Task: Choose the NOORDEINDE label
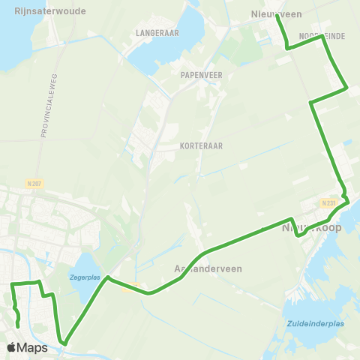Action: tap(321, 36)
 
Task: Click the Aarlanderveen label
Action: tap(204, 269)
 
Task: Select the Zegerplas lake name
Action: tap(84, 277)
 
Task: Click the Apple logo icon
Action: tap(12, 348)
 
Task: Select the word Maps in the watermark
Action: tap(32, 348)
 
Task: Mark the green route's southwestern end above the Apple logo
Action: tap(18, 327)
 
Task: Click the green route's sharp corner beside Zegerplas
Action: tap(109, 277)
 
